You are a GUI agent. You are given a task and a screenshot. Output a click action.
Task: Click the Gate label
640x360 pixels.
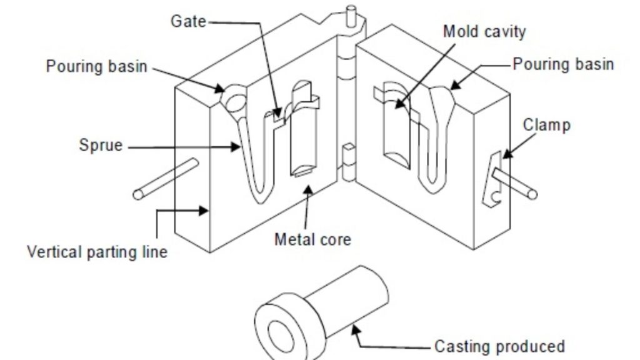(188, 21)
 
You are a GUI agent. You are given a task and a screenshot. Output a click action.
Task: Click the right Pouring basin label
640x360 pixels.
(563, 64)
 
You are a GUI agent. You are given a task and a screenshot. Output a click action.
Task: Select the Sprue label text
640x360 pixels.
(101, 146)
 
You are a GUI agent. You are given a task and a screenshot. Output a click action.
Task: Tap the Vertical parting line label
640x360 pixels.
(97, 252)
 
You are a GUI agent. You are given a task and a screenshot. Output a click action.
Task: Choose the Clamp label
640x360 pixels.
(546, 125)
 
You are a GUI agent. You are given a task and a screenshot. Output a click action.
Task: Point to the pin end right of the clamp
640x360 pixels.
(532, 194)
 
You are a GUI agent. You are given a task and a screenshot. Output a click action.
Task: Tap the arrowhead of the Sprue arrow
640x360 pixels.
(239, 147)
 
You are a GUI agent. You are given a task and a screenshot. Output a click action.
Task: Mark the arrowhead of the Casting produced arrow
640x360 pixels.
(357, 326)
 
